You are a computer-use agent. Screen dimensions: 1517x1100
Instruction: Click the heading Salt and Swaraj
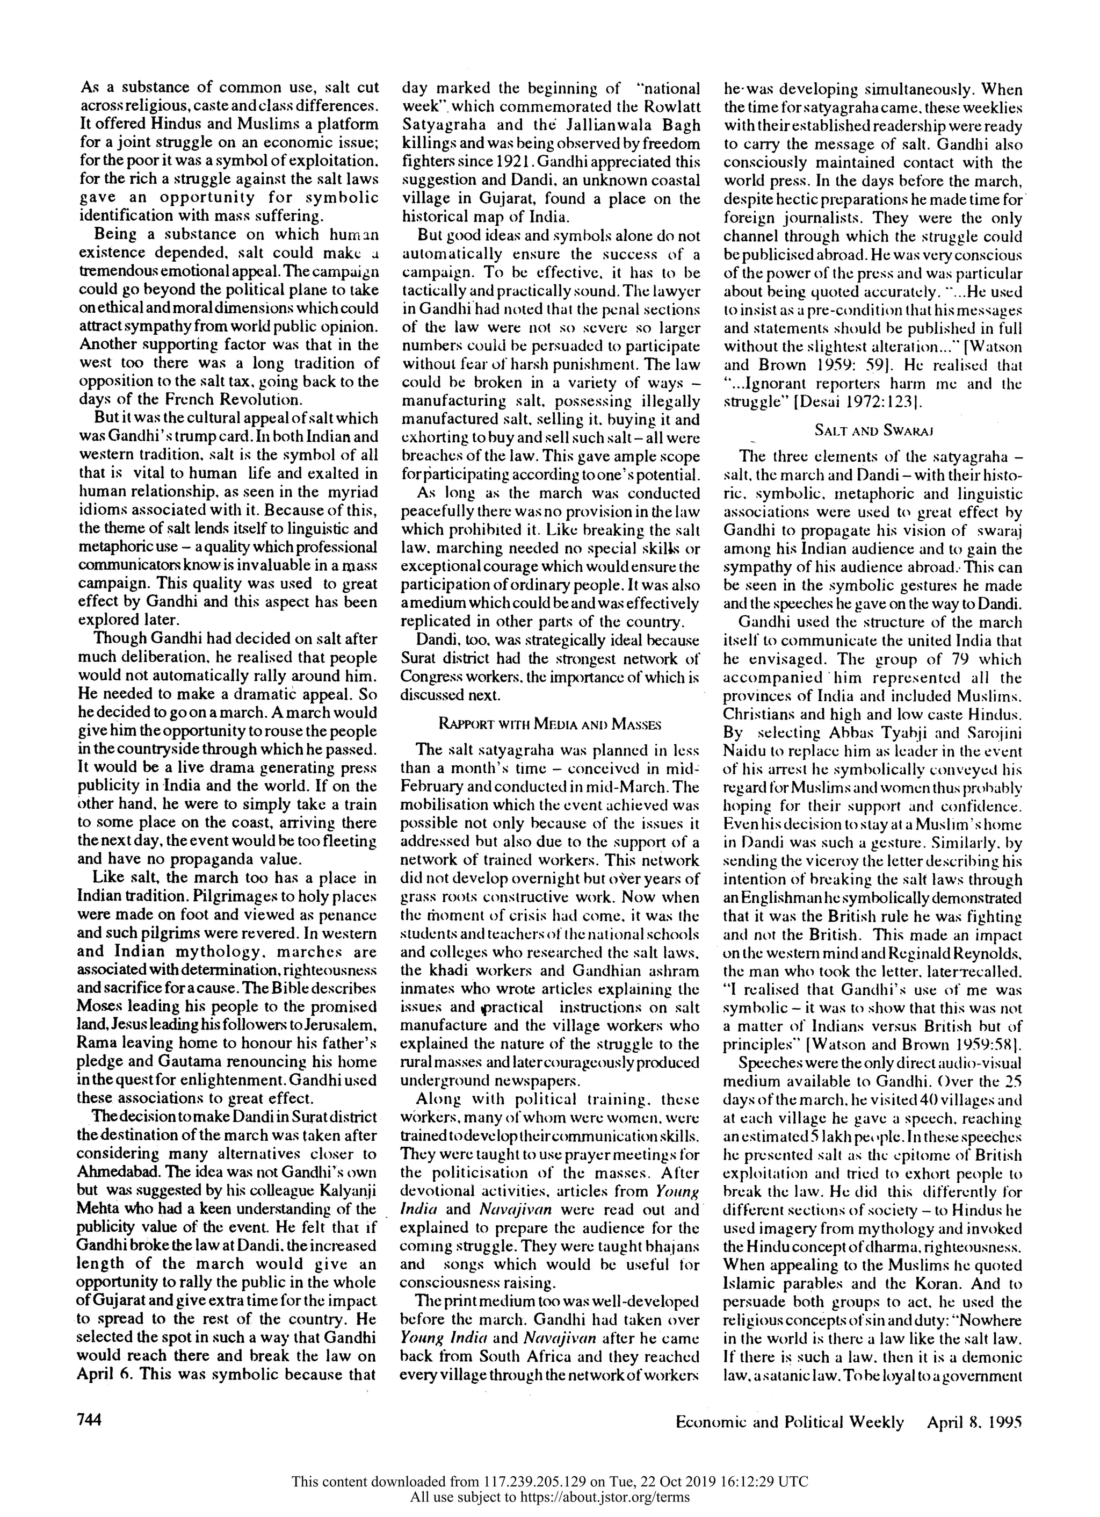[x=873, y=431]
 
